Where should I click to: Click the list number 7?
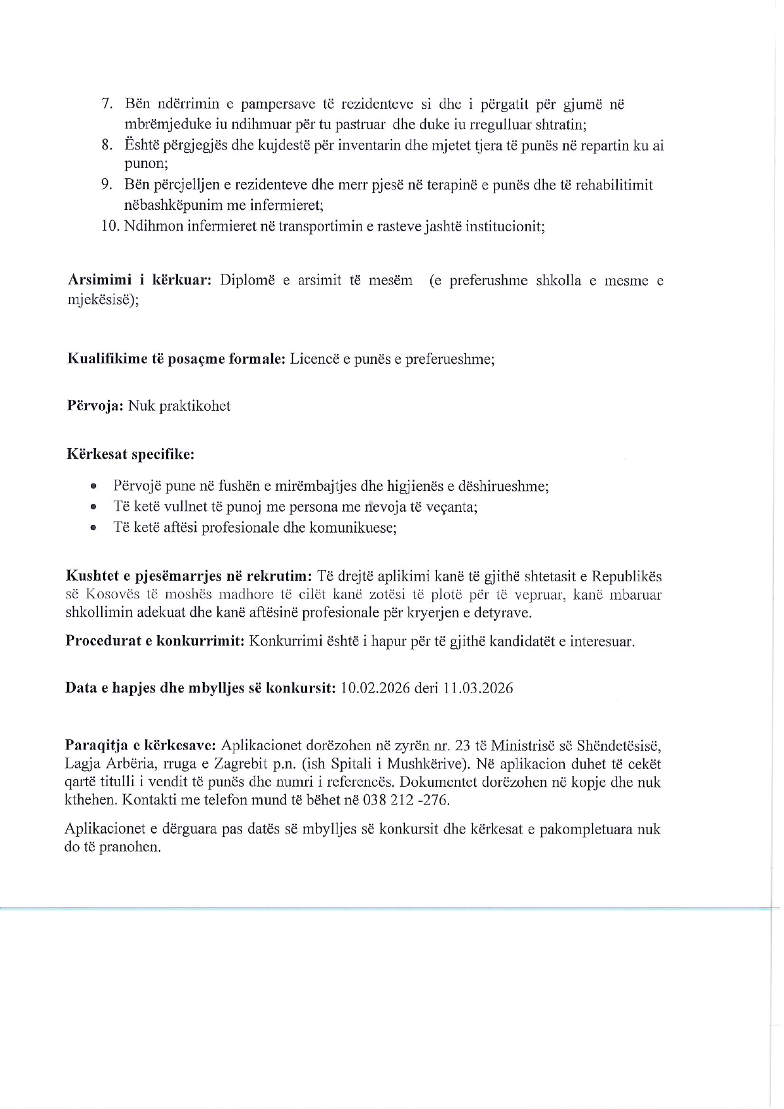107,104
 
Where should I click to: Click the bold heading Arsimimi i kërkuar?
139,281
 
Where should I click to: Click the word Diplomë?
247,281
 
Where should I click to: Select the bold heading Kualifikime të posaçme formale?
176,360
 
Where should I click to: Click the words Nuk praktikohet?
179,406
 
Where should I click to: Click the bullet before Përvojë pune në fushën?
93,487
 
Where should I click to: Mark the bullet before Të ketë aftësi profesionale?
93,528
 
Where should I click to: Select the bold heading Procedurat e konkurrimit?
155,641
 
